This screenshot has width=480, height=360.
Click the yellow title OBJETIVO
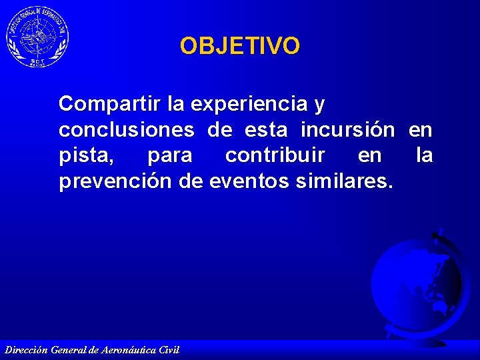tap(240, 46)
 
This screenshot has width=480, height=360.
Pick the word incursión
tap(347, 130)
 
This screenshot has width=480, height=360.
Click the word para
tap(169, 156)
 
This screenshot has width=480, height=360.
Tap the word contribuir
tap(275, 156)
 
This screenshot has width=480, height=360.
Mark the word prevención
tap(116, 181)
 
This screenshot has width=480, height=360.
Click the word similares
tap(346, 181)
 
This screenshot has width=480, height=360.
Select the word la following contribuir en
tap(424, 156)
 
